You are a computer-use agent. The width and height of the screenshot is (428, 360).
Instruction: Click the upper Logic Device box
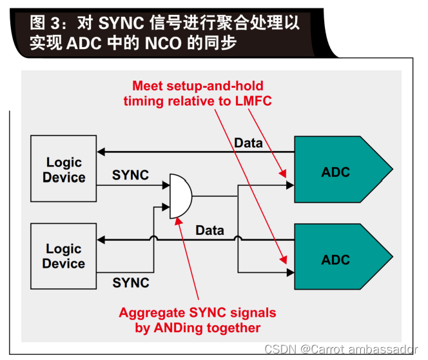click(64, 170)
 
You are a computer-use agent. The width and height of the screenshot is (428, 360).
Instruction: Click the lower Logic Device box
click(64, 256)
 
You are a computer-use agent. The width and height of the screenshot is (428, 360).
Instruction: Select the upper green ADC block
click(338, 172)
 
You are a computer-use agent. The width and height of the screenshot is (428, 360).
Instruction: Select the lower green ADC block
click(338, 259)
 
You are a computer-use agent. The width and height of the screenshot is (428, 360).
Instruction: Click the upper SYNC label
click(131, 175)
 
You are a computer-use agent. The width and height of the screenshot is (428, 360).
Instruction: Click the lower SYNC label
click(131, 283)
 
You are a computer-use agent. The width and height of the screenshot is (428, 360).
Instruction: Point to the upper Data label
click(248, 143)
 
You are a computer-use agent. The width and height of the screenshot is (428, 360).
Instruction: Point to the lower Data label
click(210, 230)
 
